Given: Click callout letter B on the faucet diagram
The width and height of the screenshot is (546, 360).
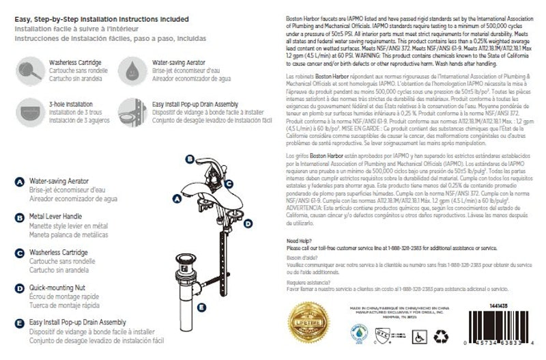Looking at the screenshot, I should (188, 158).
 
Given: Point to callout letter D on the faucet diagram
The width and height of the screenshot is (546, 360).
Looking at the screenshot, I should (248, 223).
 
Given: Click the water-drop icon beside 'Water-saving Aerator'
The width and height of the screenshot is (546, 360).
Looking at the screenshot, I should (129, 68).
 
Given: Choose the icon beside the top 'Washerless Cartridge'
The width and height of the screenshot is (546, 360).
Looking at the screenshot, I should (28, 68).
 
